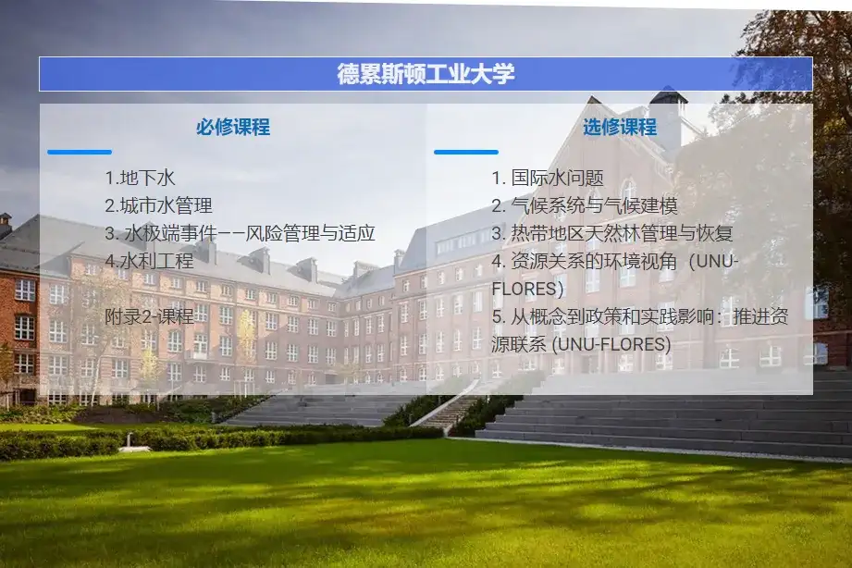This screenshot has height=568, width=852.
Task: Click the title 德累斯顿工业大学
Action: [x=426, y=74]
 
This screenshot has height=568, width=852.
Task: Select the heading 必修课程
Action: [x=233, y=127]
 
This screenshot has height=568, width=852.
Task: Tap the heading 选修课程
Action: [x=620, y=127]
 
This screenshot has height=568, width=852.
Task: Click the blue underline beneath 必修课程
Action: [x=80, y=153]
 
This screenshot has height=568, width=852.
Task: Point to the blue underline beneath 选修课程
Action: [x=466, y=153]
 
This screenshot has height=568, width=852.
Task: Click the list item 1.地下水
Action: [x=141, y=178]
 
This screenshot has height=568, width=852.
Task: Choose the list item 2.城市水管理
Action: [x=159, y=205]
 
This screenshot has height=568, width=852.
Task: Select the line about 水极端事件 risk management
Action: [x=241, y=233]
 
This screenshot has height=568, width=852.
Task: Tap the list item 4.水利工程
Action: [x=150, y=261]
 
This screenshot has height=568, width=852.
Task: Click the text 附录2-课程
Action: [x=150, y=316]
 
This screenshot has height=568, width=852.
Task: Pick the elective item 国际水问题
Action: [x=558, y=178]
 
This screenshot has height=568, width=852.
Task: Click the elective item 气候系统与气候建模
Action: [x=595, y=205]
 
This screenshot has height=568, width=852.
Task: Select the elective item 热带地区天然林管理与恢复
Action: [x=623, y=233]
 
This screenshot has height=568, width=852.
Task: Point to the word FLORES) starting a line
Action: [x=527, y=289]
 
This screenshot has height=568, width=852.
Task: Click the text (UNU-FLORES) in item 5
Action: [x=611, y=344]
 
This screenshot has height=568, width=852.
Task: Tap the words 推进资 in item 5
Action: [x=760, y=316]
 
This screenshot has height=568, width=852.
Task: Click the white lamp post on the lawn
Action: [x=130, y=442]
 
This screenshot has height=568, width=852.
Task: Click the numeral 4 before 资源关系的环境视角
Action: [x=497, y=262]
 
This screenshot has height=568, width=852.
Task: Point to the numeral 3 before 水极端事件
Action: [x=110, y=234]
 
